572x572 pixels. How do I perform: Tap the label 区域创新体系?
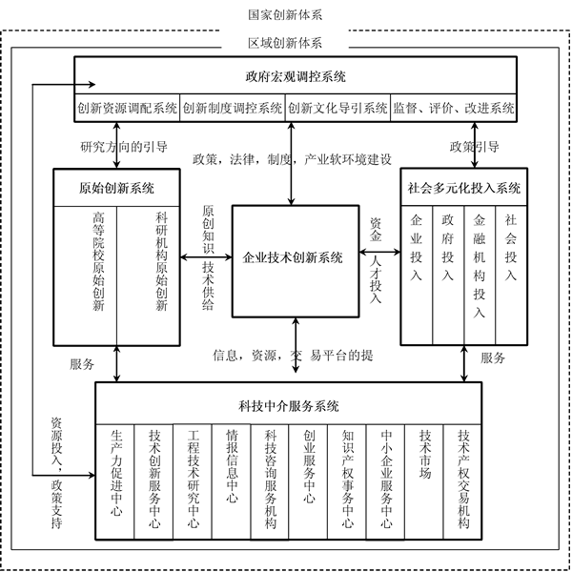[x=285, y=43]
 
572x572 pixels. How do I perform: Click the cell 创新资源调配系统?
[x=128, y=108]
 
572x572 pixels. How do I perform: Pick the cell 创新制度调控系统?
[x=233, y=108]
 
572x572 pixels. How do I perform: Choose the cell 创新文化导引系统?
[x=337, y=108]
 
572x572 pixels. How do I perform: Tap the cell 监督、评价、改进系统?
[x=454, y=108]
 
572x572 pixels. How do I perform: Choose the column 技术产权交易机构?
[x=464, y=478]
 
